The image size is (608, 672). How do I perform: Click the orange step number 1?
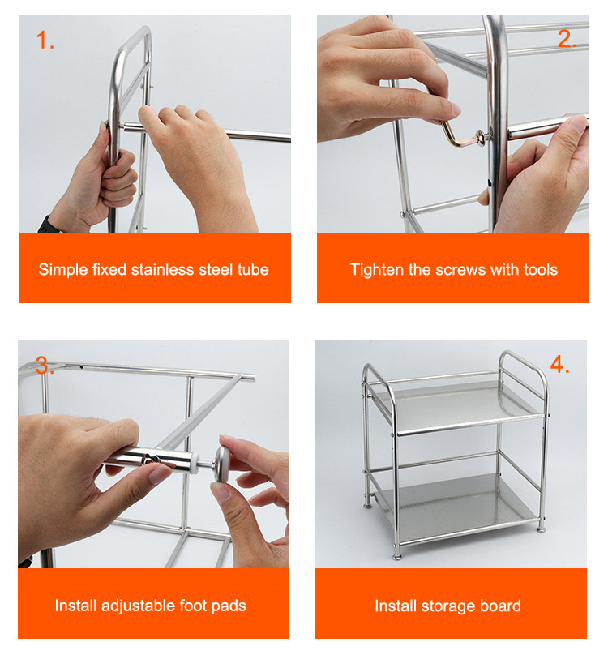click(x=45, y=40)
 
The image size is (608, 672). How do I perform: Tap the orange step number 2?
click(x=567, y=39)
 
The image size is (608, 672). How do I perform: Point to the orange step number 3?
click(x=44, y=365)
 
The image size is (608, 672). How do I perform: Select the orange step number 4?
click(x=559, y=364)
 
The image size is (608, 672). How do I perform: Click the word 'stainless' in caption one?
click(x=162, y=270)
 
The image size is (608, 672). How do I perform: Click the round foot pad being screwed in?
click(x=222, y=464)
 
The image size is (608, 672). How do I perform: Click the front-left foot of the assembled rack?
click(x=397, y=556)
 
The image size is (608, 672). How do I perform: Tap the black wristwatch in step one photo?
click(x=48, y=225)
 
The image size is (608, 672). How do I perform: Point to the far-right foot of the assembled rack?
click(x=542, y=528)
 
